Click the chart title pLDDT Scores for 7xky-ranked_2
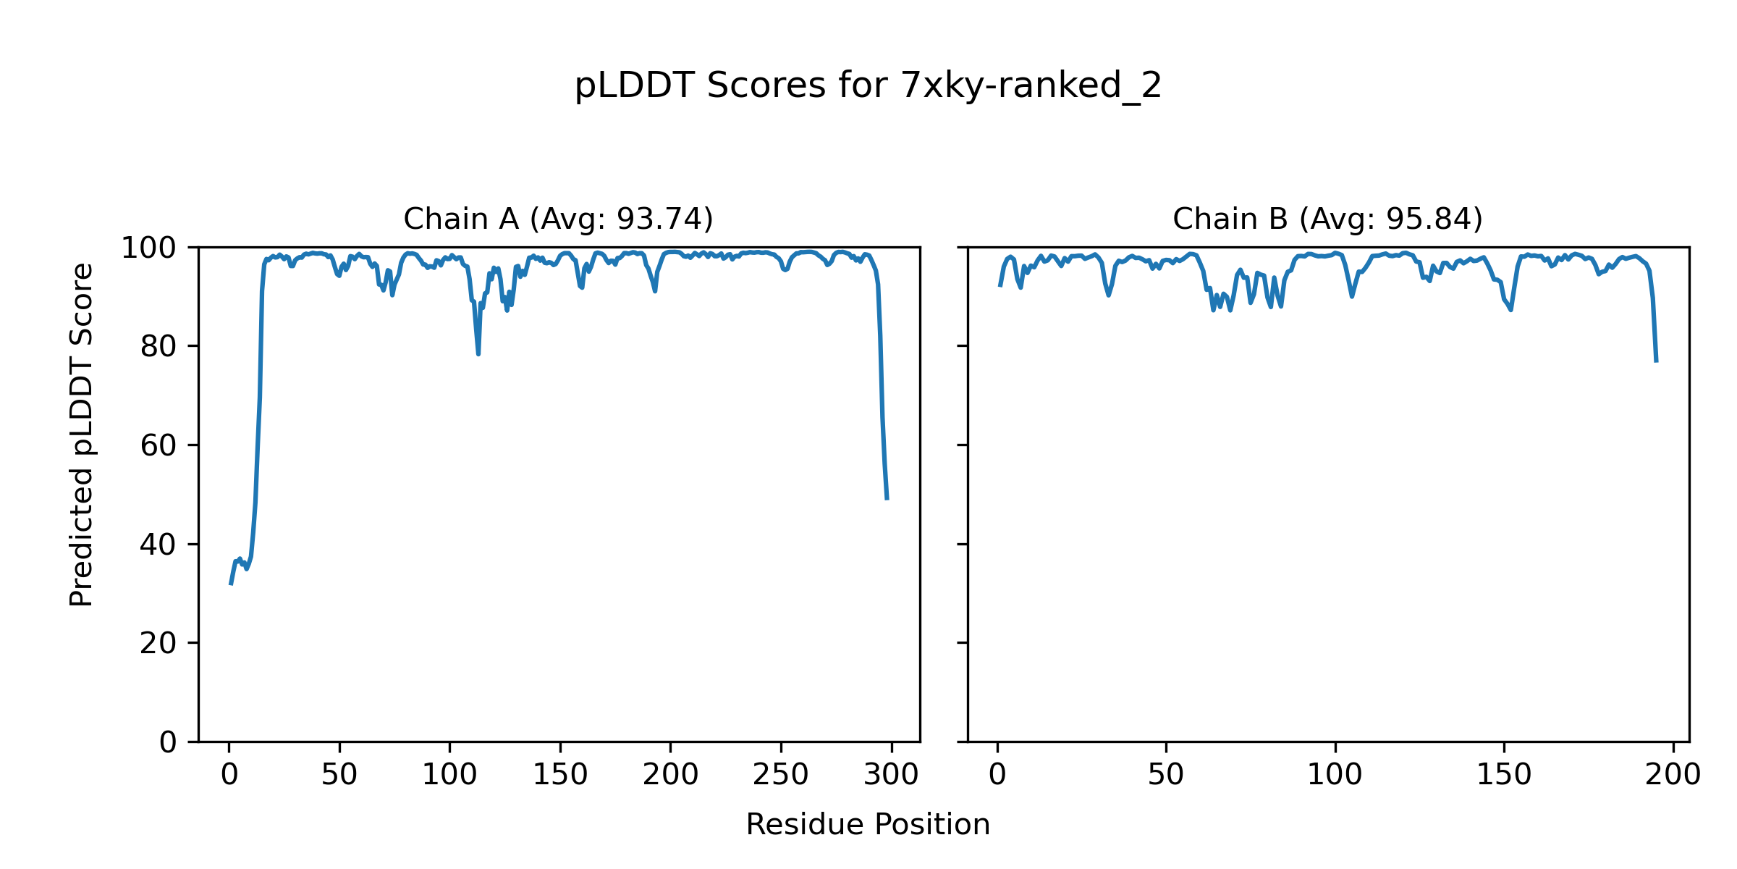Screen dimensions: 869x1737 click(868, 86)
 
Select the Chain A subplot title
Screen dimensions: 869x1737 click(558, 219)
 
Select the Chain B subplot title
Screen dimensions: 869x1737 click(1327, 219)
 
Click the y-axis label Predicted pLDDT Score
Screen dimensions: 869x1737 click(82, 434)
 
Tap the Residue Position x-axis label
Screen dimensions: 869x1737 click(868, 824)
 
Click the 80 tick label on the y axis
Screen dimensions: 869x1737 click(159, 347)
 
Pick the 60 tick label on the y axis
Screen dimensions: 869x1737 click(159, 445)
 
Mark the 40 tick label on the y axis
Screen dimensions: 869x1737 click(159, 545)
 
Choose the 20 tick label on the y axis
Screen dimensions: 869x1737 click(159, 643)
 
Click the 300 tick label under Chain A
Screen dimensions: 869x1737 click(891, 775)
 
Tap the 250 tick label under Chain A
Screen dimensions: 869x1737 click(780, 775)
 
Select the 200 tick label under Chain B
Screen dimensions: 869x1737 click(1673, 775)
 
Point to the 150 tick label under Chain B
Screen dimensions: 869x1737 click(1504, 775)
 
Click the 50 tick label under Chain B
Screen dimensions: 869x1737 click(1166, 775)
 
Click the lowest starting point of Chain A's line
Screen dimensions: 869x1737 click(231, 584)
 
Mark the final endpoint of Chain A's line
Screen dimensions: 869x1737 click(887, 499)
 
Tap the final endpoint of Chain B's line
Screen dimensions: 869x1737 click(1656, 361)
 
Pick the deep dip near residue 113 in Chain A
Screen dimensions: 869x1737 click(478, 353)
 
